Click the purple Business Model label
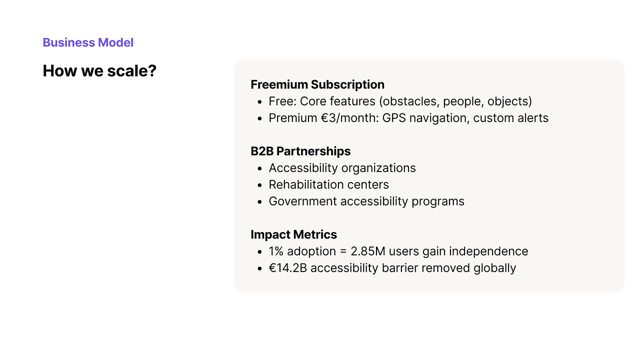[88, 42]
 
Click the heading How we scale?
[99, 71]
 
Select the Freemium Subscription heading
[317, 84]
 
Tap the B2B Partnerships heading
[300, 151]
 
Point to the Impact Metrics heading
[293, 234]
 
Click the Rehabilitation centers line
[328, 184]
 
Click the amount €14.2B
[287, 268]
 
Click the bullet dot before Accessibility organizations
[259, 169]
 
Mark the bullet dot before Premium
[259, 119]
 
